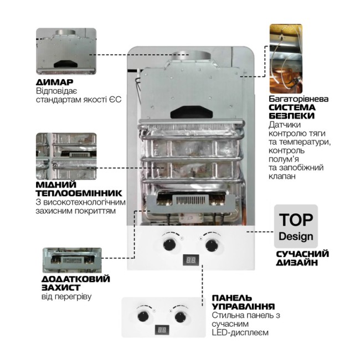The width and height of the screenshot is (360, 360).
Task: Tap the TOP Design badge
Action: tap(296, 227)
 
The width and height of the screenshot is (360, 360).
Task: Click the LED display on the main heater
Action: tap(190, 260)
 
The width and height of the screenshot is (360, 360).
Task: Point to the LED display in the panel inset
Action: tap(162, 330)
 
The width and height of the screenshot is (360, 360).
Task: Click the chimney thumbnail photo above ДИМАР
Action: tap(67, 52)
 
